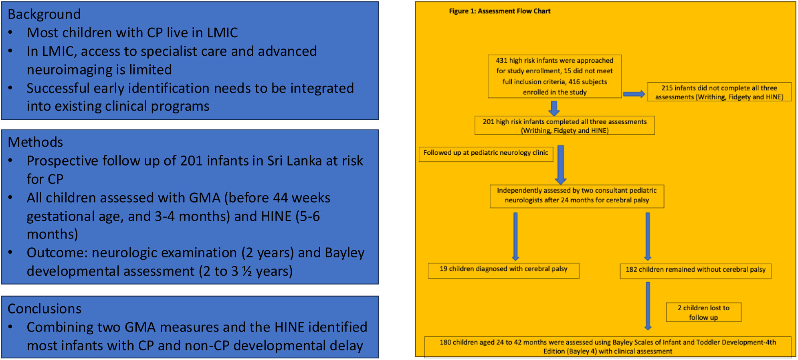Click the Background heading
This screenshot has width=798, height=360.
click(x=44, y=14)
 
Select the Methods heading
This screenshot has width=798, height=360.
click(x=35, y=142)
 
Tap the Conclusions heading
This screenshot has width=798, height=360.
click(x=44, y=308)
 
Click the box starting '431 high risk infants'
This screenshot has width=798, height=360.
click(x=555, y=76)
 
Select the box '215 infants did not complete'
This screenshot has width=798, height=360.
click(x=719, y=92)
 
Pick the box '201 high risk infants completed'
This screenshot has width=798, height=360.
click(x=564, y=125)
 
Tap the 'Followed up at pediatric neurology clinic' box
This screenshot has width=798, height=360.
click(x=486, y=154)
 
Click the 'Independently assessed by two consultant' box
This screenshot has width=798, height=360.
click(x=577, y=196)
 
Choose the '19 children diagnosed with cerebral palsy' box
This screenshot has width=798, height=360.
click(x=503, y=270)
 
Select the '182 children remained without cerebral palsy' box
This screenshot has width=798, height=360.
click(x=695, y=271)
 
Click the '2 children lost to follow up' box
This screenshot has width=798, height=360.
click(x=703, y=312)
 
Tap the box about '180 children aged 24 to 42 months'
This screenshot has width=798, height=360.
click(x=608, y=347)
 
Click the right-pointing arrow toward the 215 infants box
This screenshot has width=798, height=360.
click(x=634, y=94)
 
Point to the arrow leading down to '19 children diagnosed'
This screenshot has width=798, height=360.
click(x=515, y=237)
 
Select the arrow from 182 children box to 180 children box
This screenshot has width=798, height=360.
click(x=648, y=306)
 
